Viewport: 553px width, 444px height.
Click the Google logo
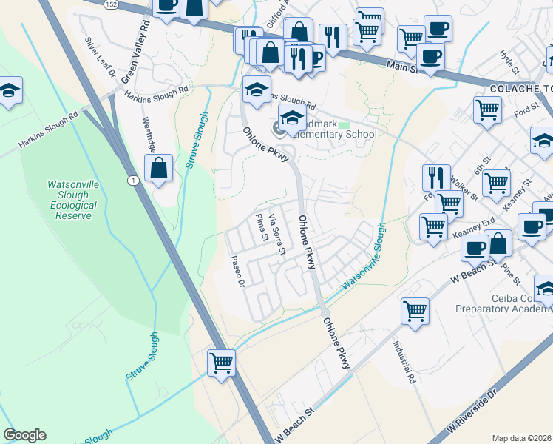point(24,435)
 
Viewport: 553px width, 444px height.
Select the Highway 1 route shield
point(132,181)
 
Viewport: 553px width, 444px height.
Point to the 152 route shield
point(109,4)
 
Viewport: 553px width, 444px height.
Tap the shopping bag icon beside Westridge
point(159,168)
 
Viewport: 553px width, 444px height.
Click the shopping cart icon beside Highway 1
point(221,363)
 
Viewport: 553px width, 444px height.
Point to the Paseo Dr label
point(237,271)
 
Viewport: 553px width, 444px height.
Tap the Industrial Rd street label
point(404,362)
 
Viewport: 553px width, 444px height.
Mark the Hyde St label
point(506,58)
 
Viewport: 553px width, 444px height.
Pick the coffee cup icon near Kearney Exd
point(474,247)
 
